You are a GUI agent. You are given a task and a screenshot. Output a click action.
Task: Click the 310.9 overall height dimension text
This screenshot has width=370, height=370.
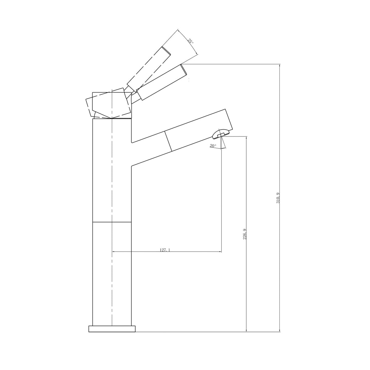pos(278,198)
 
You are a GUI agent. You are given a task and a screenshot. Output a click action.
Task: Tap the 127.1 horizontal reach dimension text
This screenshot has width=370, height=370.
pos(165,250)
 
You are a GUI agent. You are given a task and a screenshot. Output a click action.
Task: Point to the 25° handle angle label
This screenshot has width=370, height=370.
pos(190,41)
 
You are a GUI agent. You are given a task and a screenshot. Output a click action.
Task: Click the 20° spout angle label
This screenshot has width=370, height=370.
pos(213,146)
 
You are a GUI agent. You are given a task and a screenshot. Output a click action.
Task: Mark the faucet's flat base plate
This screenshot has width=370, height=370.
pos(112,329)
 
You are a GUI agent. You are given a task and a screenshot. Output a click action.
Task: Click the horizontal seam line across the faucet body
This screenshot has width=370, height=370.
pos(112,222)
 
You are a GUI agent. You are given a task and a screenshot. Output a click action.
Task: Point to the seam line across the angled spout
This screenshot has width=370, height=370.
pos(168,141)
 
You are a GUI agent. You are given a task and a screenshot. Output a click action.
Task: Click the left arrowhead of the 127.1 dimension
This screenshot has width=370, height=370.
pos(114,252)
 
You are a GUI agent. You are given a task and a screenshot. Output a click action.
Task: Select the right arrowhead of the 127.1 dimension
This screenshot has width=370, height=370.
pos(220,252)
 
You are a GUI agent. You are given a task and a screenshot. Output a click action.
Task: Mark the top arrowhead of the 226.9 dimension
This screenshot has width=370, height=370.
pos(246,138)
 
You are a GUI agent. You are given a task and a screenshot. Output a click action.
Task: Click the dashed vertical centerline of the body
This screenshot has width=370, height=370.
pos(112,183)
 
